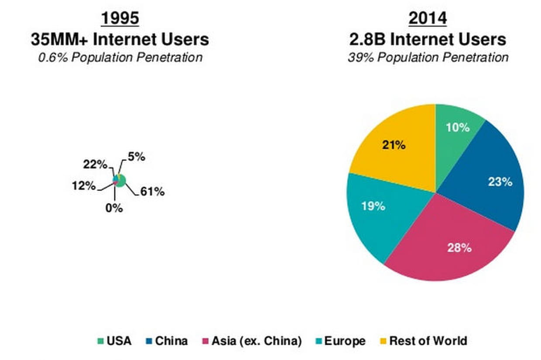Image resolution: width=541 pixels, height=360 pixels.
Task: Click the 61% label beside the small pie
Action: click(x=152, y=192)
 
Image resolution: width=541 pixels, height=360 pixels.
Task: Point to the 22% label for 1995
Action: click(x=95, y=165)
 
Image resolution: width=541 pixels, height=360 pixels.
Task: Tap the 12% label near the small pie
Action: click(x=83, y=185)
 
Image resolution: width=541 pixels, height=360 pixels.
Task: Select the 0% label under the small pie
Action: click(x=114, y=208)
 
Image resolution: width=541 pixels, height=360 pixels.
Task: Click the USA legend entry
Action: click(x=114, y=341)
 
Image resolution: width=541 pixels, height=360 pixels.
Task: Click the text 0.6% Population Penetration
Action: click(x=120, y=58)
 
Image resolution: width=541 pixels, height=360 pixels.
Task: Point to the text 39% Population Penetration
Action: click(x=428, y=58)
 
